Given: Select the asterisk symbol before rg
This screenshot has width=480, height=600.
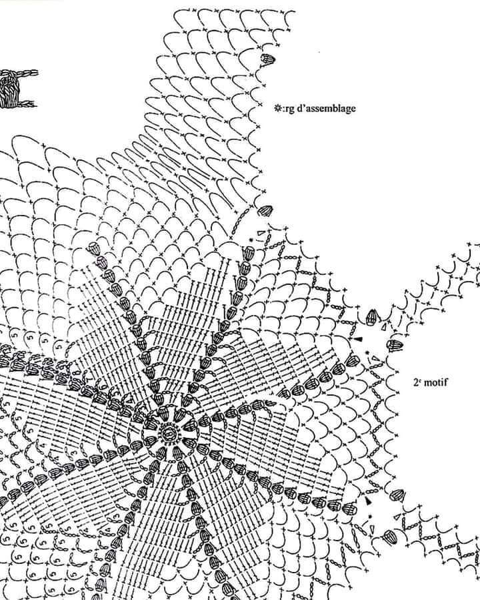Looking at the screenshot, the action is (x=277, y=108).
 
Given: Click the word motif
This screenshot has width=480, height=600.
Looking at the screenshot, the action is (x=436, y=382).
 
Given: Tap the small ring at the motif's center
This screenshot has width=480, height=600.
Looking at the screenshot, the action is (x=167, y=434).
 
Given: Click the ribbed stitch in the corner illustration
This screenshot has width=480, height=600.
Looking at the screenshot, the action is (x=9, y=90).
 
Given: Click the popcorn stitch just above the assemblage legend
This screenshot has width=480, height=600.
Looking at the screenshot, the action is (x=267, y=59).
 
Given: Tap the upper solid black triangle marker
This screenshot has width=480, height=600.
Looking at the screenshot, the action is (x=358, y=339).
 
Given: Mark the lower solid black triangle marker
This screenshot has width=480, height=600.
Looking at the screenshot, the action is (x=369, y=501).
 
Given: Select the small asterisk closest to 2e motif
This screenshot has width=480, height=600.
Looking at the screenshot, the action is (x=367, y=353).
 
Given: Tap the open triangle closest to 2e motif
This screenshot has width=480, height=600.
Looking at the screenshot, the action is (x=377, y=359).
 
